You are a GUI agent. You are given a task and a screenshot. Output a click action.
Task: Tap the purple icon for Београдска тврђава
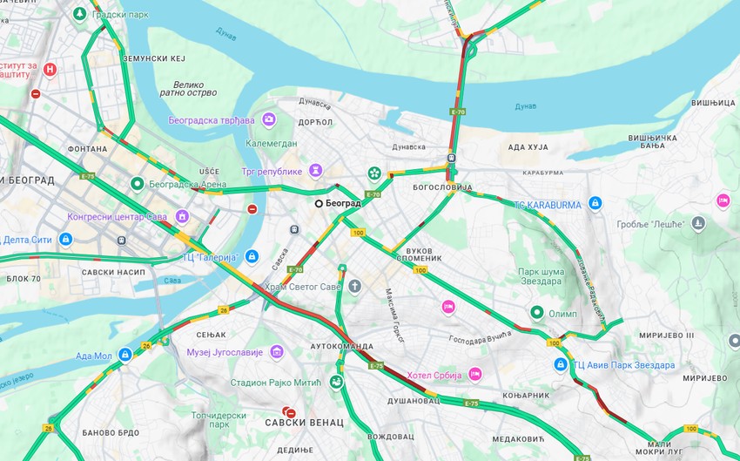269,119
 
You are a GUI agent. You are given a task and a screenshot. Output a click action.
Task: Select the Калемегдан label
270,143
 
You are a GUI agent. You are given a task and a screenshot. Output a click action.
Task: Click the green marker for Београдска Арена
137,184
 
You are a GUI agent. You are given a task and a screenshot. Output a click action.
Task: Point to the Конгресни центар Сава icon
182,216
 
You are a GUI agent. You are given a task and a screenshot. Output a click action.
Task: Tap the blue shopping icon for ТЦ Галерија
252,255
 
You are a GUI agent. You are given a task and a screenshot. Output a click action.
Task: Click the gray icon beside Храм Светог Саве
354,286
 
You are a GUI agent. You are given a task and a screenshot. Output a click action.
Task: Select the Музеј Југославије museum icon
277,352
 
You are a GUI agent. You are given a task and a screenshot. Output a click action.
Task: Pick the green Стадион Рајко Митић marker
336,382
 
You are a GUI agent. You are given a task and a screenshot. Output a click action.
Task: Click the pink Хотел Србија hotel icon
475,373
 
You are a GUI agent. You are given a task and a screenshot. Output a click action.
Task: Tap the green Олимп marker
538,313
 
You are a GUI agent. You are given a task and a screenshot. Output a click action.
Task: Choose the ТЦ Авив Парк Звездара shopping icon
562,364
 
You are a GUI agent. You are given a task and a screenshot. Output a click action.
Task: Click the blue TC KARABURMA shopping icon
595,204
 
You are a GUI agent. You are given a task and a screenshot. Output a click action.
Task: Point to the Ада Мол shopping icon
125,355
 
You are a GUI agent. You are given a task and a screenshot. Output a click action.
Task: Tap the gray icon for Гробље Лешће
697,224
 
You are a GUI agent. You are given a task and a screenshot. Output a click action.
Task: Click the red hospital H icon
50,70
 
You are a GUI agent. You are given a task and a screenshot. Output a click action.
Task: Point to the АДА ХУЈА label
528,147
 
